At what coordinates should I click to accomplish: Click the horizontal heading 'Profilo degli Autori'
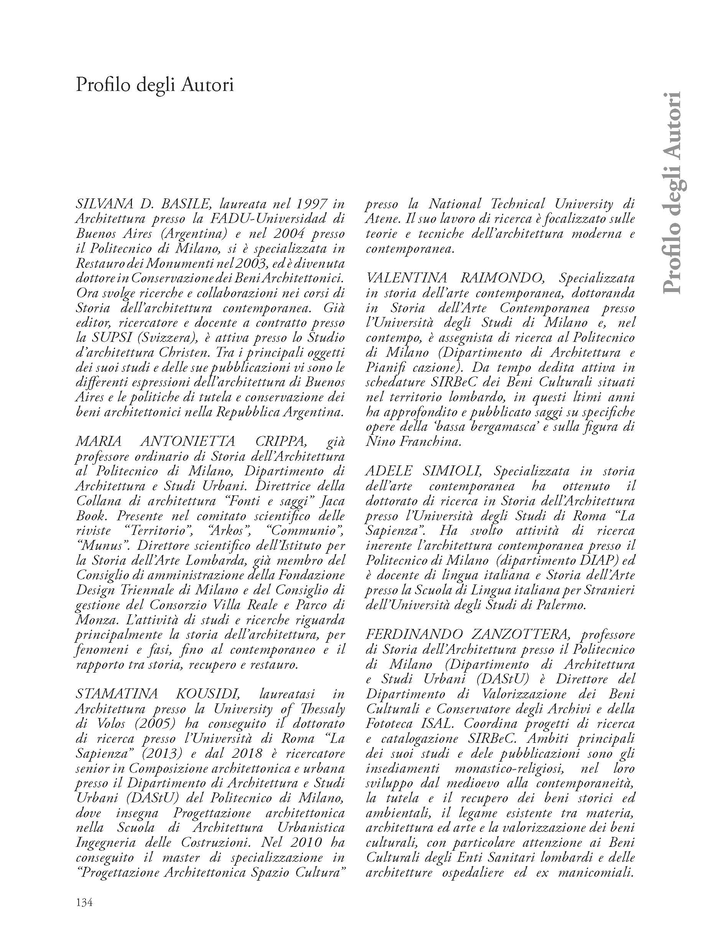155,85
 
